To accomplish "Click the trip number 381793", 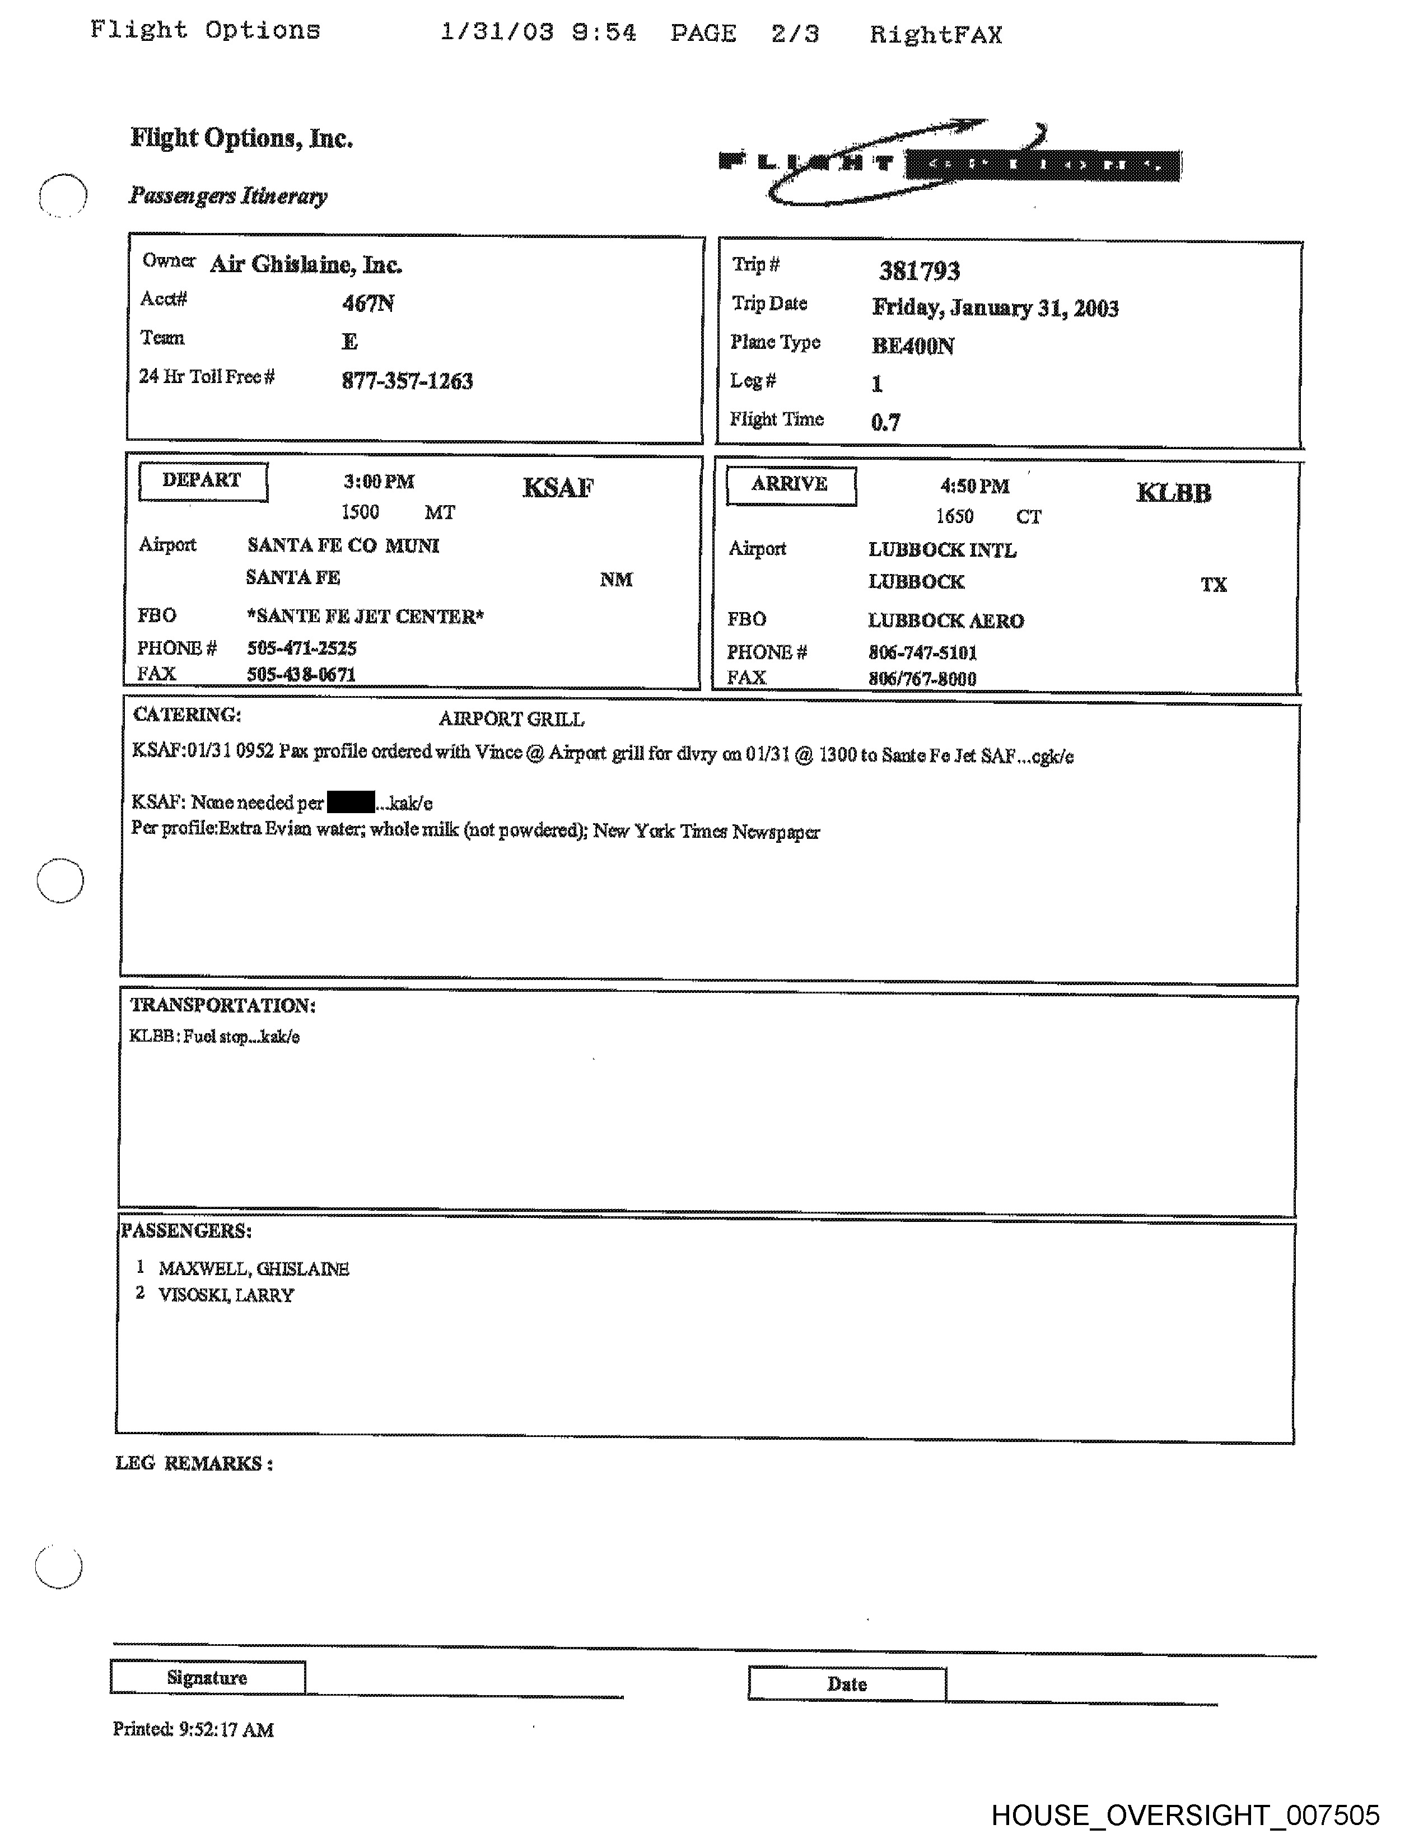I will [919, 271].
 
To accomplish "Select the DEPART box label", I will [202, 480].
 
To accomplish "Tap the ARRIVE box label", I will [790, 485].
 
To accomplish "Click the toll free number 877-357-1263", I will [407, 381].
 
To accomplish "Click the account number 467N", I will [368, 303].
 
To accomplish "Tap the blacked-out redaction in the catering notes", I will [350, 800].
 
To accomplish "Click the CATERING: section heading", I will [187, 715].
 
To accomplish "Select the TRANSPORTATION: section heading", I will [222, 1005].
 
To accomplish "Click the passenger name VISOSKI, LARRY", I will [226, 1295].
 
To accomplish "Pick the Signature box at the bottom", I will [207, 1677].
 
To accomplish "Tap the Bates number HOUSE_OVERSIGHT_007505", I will [1185, 1814].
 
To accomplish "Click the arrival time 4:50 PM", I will [974, 486].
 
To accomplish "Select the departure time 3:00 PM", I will [379, 482].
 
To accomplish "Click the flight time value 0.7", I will [886, 421].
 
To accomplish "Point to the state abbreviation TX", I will [1213, 584].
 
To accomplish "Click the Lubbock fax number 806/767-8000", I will [922, 679].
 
